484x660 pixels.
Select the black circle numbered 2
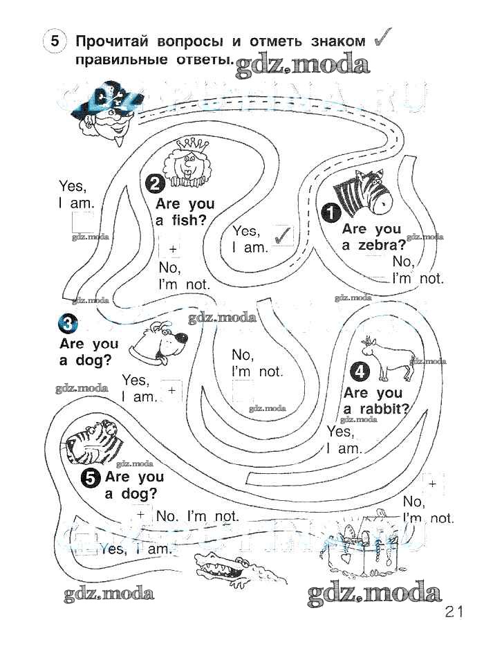point(155,183)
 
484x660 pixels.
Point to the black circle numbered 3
point(68,324)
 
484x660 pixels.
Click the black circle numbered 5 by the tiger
point(90,477)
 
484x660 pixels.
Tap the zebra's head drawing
point(362,192)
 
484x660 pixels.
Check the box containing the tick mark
point(282,236)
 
